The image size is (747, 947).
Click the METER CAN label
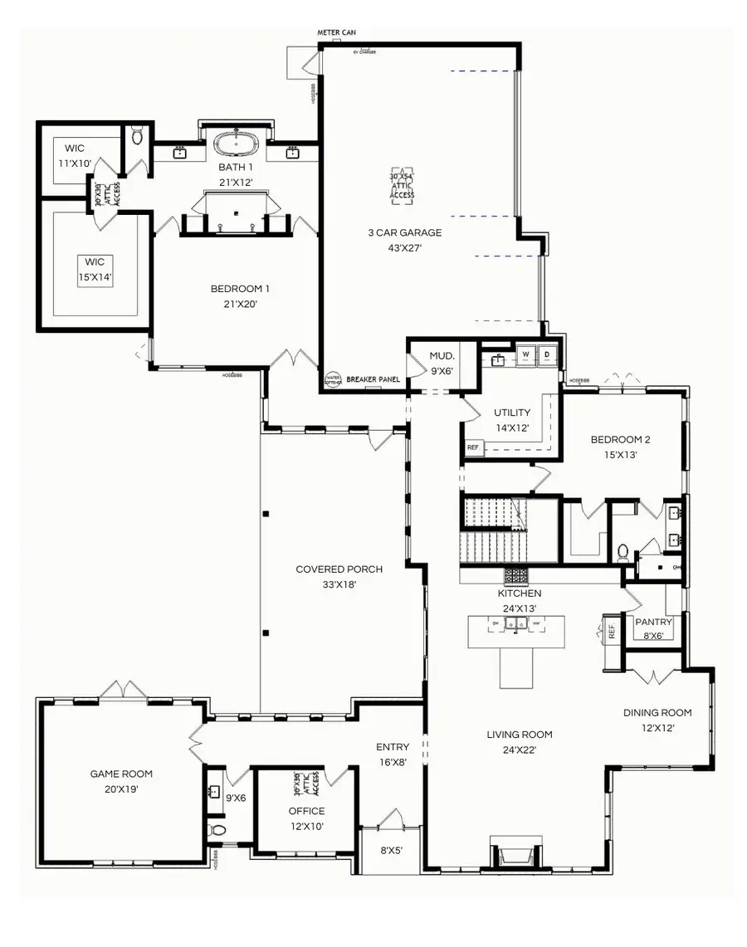(x=337, y=33)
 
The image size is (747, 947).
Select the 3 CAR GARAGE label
(x=404, y=232)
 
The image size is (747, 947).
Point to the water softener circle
(x=333, y=378)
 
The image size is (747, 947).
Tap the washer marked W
(x=525, y=355)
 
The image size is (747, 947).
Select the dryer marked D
(x=547, y=355)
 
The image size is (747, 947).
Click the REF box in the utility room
(x=473, y=447)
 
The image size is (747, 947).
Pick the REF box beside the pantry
(x=613, y=631)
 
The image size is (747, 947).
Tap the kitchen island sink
(x=516, y=622)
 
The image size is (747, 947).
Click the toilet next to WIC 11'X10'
(x=138, y=135)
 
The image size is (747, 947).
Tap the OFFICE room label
(x=306, y=811)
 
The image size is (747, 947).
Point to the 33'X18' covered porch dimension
(x=339, y=584)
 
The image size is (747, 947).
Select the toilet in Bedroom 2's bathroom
(x=623, y=551)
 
